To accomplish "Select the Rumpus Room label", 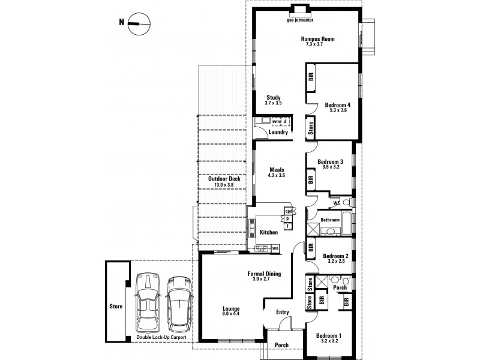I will [x=317, y=41].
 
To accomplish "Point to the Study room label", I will [x=273, y=100].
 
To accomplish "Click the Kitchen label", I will [x=268, y=232].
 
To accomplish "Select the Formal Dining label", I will [x=264, y=276].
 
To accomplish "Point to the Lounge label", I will [x=230, y=310].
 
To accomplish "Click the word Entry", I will [x=283, y=312].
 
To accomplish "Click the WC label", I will [x=337, y=202].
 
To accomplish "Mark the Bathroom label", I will [x=330, y=220].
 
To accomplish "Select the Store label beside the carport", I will [x=116, y=306].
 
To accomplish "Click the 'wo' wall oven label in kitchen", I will [x=275, y=248].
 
